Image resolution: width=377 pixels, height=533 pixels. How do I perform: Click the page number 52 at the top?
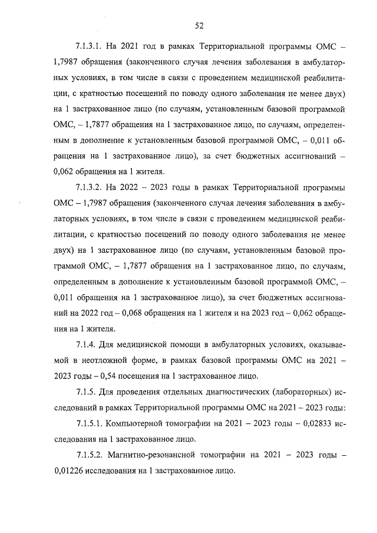coord(199,25)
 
